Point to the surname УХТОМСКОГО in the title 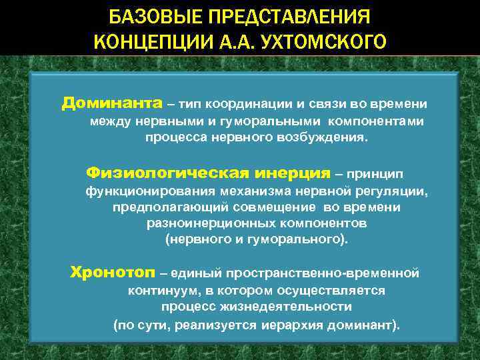tap(322, 42)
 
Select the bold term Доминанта tap(112, 104)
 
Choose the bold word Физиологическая tap(169, 173)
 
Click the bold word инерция tap(293, 173)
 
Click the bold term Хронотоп tap(113, 273)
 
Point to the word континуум tap(163, 291)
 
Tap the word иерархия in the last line tap(282, 325)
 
